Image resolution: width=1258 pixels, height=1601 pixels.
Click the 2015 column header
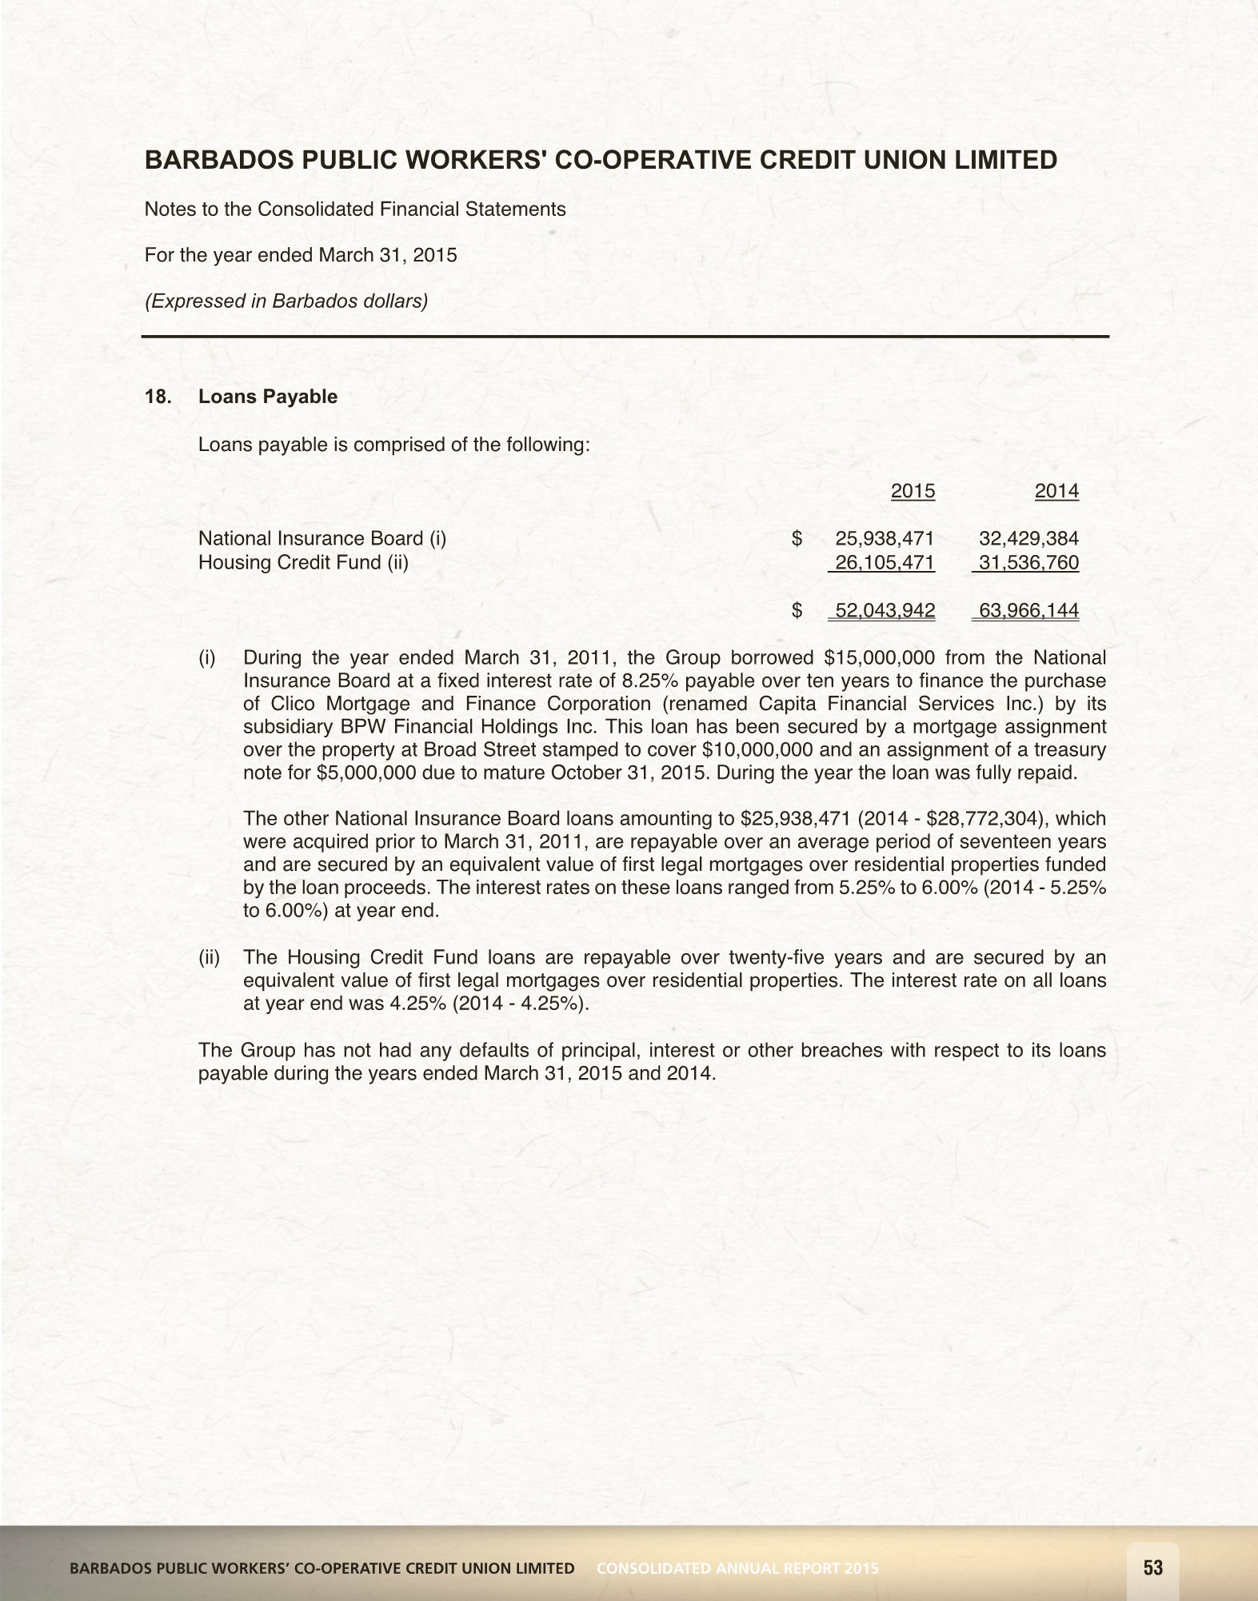tap(913, 491)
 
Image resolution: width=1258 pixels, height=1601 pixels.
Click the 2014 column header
tap(1056, 491)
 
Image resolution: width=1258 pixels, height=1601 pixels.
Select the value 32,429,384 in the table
tap(1028, 538)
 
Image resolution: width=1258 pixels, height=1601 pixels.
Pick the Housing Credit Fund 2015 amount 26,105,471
tap(885, 562)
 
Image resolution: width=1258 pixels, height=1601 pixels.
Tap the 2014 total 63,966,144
tap(1028, 611)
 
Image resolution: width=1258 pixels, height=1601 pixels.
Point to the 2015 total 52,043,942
tap(885, 611)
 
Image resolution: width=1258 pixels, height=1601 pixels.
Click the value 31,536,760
tap(1028, 562)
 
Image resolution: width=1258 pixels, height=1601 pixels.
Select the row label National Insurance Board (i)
tap(322, 538)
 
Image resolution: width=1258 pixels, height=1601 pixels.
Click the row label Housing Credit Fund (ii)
tap(303, 562)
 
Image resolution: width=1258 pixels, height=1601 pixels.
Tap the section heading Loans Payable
tap(268, 397)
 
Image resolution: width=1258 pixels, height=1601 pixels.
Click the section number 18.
tap(157, 397)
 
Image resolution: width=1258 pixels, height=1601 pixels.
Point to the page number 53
tap(1153, 1567)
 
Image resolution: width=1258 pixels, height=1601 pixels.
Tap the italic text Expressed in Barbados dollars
tap(286, 301)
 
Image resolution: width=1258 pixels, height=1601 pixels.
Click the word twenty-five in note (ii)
tap(775, 957)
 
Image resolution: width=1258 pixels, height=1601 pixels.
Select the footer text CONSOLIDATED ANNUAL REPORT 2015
tap(737, 1568)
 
